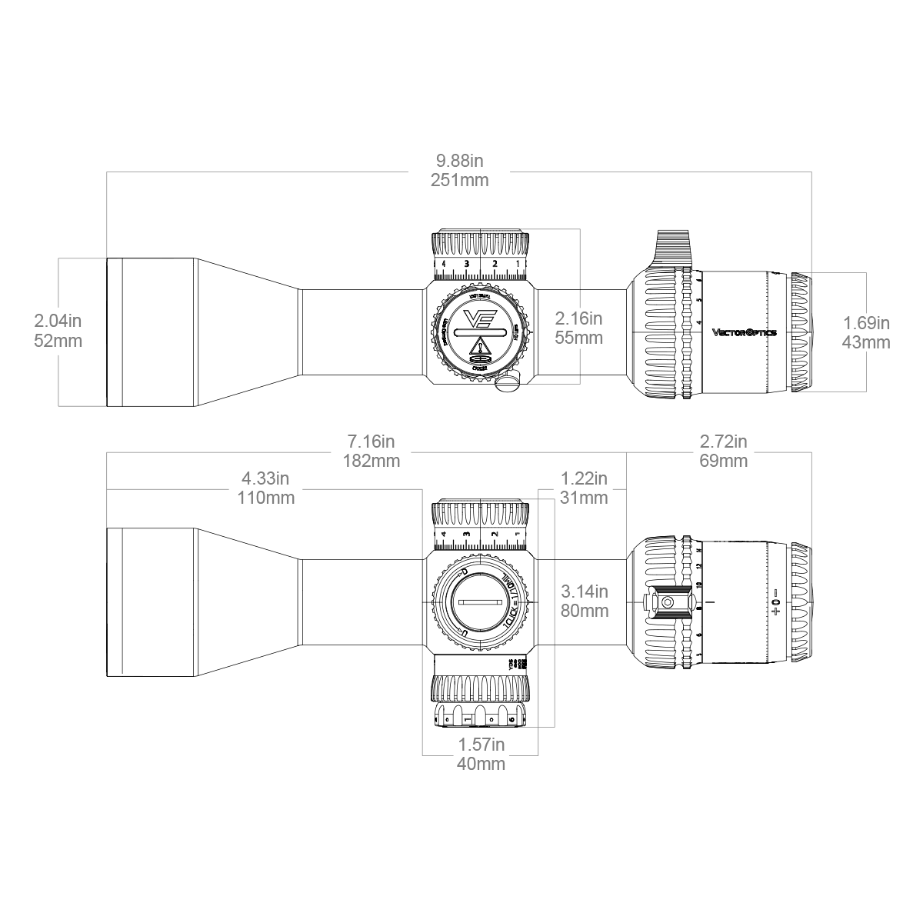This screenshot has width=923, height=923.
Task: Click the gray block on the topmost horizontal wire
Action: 460,172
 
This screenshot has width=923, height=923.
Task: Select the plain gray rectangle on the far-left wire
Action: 58,332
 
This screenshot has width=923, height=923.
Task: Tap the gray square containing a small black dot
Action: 583,602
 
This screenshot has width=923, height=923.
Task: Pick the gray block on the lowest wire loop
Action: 483,755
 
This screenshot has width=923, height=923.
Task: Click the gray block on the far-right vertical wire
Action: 866,332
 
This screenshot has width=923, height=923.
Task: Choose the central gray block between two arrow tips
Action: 578,326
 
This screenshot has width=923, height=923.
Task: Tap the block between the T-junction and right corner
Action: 723,450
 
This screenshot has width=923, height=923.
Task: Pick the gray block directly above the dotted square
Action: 584,486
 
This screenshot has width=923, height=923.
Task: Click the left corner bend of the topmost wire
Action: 108,169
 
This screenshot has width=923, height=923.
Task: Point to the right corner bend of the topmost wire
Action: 809,169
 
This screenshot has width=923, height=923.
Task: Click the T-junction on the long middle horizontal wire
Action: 625,452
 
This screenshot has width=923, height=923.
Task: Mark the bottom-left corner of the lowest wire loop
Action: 422,754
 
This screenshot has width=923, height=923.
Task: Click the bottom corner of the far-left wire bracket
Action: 58,405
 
